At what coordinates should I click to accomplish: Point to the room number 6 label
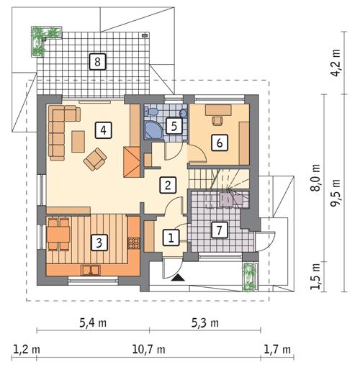(x=218, y=142)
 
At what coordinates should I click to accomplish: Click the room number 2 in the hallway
(x=167, y=184)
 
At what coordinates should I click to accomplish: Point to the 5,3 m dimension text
(x=205, y=322)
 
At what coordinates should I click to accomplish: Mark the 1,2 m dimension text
(x=25, y=350)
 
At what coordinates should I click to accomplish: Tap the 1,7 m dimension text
(x=277, y=350)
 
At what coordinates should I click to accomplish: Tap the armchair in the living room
(x=95, y=159)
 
